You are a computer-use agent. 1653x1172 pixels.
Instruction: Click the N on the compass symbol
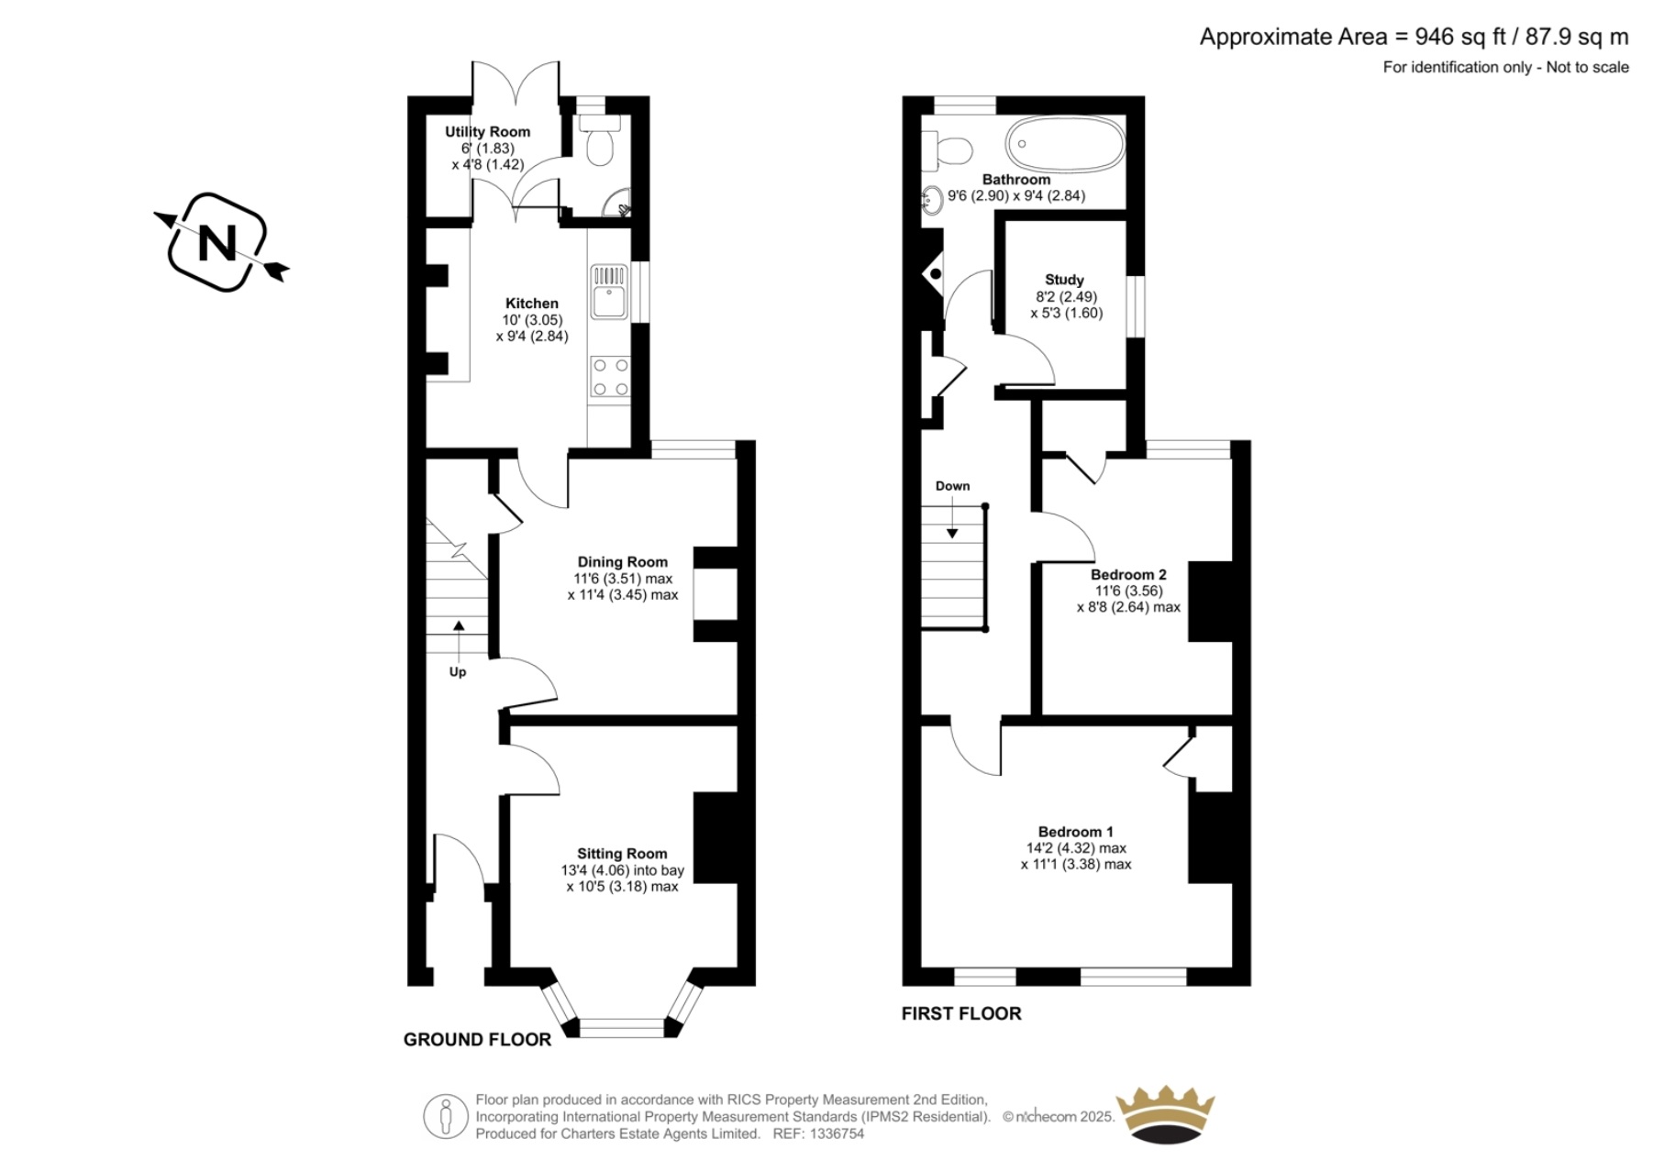point(217,242)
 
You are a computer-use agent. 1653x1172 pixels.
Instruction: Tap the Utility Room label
point(487,132)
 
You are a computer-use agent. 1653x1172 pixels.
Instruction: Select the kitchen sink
point(609,292)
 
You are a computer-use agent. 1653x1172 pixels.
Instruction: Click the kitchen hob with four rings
point(610,377)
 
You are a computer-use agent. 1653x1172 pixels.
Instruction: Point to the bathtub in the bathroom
point(1065,144)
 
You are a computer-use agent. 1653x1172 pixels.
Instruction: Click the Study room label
point(1064,280)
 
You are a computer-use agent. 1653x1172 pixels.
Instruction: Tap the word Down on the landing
point(952,486)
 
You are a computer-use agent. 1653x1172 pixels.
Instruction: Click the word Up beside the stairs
point(458,672)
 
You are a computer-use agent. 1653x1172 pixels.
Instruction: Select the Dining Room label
point(622,562)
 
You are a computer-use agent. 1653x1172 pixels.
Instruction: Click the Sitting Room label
point(622,854)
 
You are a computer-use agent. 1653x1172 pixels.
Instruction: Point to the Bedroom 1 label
point(1075,832)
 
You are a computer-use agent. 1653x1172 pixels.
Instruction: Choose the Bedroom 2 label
point(1128,575)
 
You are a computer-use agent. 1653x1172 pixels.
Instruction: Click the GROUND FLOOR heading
point(477,1040)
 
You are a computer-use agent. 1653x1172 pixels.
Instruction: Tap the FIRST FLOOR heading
point(960,1013)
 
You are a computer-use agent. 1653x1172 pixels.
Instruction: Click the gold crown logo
point(1165,1113)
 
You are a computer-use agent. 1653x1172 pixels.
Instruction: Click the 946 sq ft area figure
point(1460,37)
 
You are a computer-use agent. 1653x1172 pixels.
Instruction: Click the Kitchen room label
point(531,304)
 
